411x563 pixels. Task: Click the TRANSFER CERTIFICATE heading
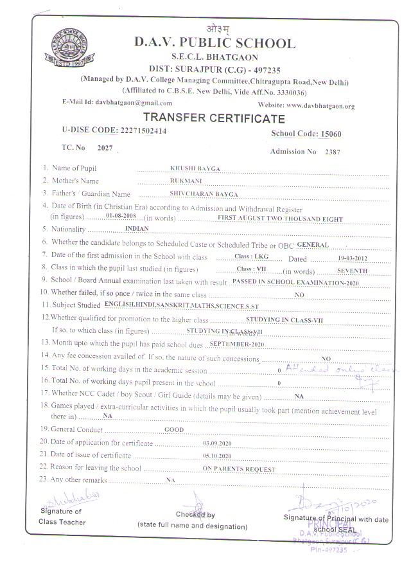[213, 118]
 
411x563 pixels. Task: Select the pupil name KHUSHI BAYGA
[195, 168]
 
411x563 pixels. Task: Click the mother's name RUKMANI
[182, 181]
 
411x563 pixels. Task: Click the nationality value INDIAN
[137, 229]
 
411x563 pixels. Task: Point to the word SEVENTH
[352, 271]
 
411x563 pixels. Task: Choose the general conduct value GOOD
[174, 429]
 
